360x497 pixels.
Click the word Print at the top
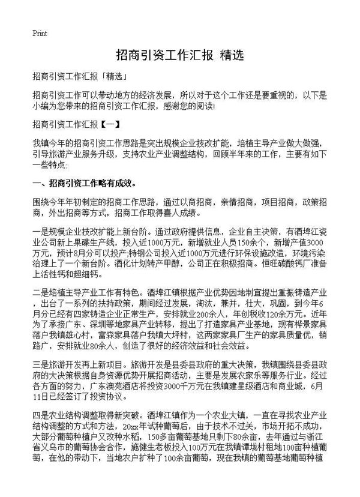coord(40,32)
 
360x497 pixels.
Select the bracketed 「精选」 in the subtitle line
coord(111,78)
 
